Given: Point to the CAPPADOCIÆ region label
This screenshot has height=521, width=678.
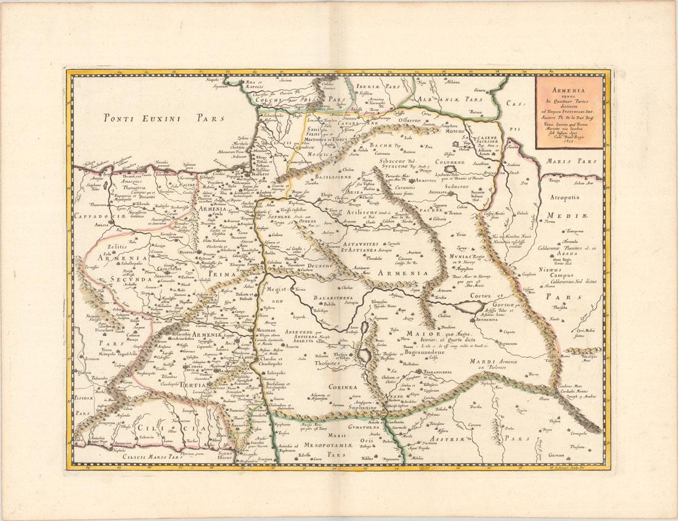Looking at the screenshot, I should pos(100,216).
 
